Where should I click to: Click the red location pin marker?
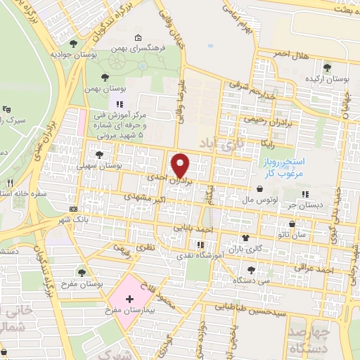click(181, 165)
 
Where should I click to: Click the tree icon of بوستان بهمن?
click(105, 77)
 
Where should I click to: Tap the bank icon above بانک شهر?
click(74, 210)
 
